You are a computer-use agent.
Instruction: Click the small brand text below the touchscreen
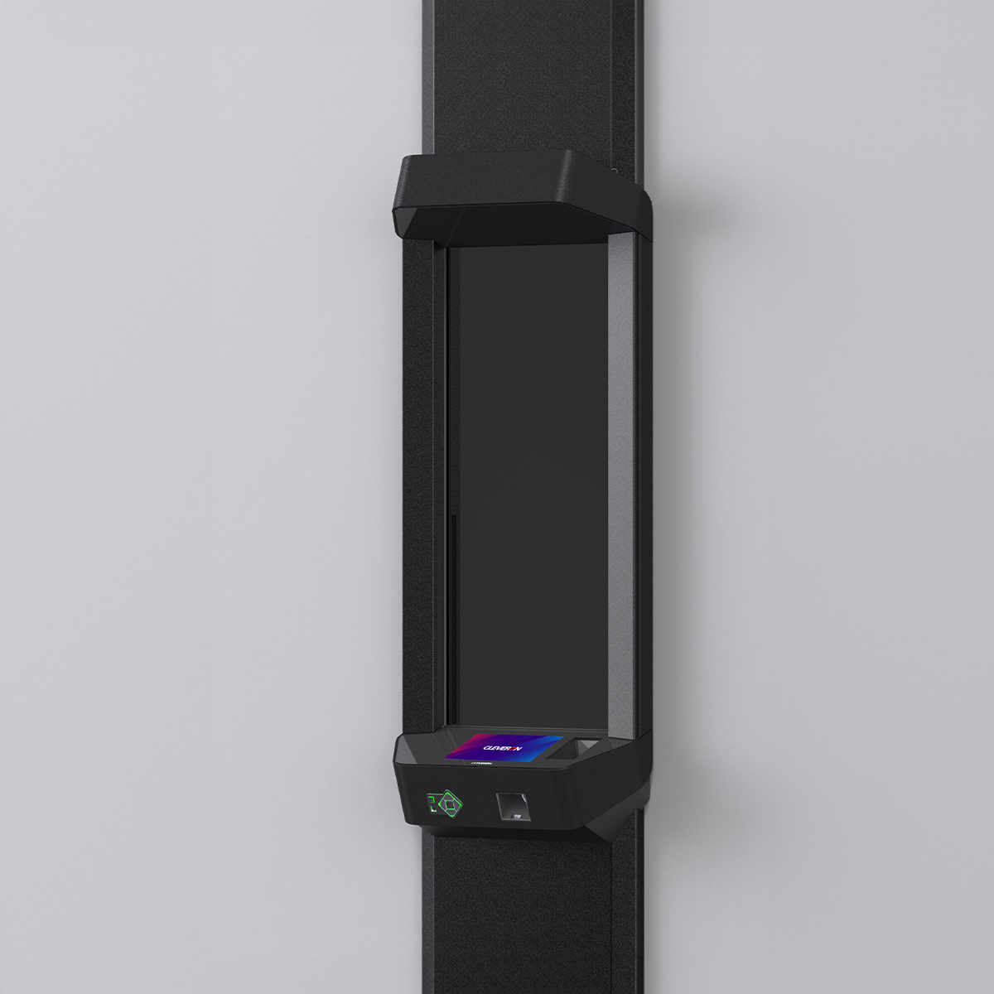pos(480,766)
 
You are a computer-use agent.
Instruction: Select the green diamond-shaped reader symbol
pos(450,802)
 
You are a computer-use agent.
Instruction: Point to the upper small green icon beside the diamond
pos(431,797)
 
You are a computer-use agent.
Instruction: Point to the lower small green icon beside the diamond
pos(432,809)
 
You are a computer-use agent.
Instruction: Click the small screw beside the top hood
pos(614,172)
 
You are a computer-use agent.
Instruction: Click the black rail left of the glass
pos(422,480)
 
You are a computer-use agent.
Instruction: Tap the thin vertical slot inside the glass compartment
pos(451,613)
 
